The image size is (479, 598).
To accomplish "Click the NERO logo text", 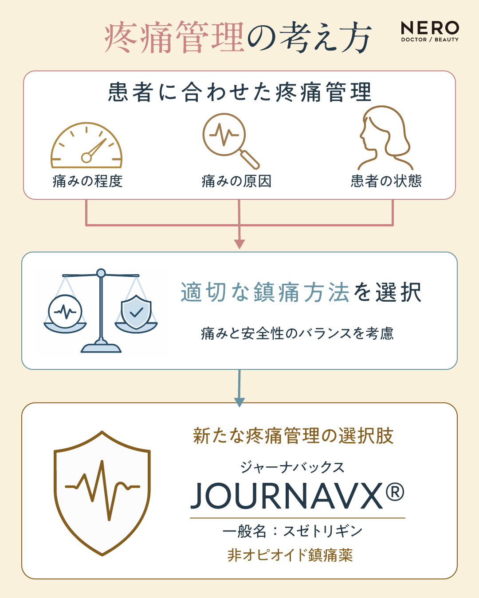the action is [x=430, y=28].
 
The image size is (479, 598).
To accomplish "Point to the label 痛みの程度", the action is [x=88, y=181].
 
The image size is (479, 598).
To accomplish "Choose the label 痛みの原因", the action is [x=236, y=181].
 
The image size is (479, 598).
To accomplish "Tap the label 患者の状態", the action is [x=386, y=181].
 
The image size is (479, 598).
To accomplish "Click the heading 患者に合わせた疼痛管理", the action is [x=239, y=92].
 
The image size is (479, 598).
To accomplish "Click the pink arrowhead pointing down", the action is [x=239, y=244].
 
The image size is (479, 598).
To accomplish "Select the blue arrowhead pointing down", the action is [x=239, y=402].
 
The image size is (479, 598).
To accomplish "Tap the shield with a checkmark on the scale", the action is [x=136, y=312].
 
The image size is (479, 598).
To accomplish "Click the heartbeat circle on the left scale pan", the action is [x=65, y=311].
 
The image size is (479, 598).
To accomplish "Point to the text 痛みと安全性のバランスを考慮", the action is [x=297, y=334].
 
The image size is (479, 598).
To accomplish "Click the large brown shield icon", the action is [x=102, y=493].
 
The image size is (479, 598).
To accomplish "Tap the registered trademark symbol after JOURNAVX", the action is [x=395, y=492].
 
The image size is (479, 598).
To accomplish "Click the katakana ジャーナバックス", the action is [x=293, y=467].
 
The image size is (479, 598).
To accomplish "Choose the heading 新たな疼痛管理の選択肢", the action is [x=293, y=436].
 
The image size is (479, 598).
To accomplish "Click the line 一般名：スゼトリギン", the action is [x=293, y=531].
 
